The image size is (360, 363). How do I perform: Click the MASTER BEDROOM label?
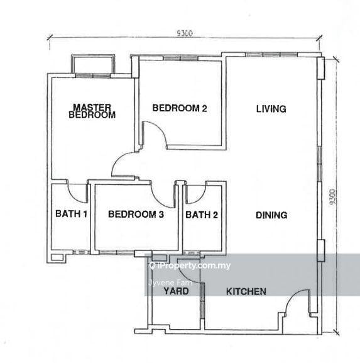click(92, 111)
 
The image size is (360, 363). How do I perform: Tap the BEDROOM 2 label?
click(180, 108)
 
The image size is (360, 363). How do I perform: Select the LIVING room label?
click(271, 109)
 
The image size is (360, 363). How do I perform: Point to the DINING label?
click(271, 215)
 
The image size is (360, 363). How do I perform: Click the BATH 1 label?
click(71, 214)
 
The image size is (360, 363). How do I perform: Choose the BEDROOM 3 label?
click(136, 214)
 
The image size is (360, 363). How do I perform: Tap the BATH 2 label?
click(202, 215)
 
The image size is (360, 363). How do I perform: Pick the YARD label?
click(176, 291)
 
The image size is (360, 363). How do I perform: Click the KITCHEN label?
click(246, 291)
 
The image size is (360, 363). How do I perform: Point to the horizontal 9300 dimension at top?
click(185, 33)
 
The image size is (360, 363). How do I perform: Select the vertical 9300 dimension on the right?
click(332, 197)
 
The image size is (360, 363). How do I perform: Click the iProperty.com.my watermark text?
click(190, 265)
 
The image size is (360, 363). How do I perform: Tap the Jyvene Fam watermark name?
click(170, 282)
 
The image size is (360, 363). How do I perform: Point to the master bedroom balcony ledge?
click(93, 55)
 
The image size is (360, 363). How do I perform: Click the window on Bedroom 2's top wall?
click(180, 58)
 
